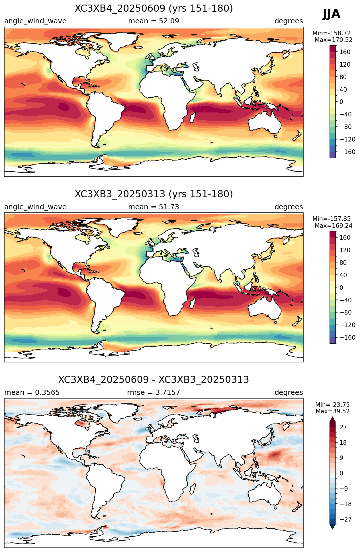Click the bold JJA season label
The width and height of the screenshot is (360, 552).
tap(331, 14)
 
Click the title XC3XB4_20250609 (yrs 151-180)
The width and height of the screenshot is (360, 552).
tap(154, 9)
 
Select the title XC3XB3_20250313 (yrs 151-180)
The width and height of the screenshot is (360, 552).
tap(154, 194)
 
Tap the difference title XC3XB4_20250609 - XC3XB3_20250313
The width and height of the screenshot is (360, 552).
tap(154, 380)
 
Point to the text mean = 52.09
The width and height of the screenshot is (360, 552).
tap(154, 21)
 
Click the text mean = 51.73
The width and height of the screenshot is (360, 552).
tap(154, 207)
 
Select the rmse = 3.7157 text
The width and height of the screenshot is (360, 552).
tap(154, 393)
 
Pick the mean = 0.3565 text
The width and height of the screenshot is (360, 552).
tap(32, 393)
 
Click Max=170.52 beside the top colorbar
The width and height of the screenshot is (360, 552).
tap(334, 40)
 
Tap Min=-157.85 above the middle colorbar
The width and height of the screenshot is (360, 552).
tap(332, 219)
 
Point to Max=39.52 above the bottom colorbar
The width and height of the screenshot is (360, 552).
tap(333, 411)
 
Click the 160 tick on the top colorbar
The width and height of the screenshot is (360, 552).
tap(345, 52)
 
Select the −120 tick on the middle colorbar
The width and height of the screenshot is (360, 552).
tap(343, 325)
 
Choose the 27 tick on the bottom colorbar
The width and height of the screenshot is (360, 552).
tap(343, 427)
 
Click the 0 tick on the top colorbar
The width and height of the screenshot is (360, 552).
tap(341, 102)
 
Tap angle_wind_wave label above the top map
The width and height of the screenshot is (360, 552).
tap(35, 21)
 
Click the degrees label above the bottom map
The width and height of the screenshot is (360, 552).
tap(289, 393)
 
